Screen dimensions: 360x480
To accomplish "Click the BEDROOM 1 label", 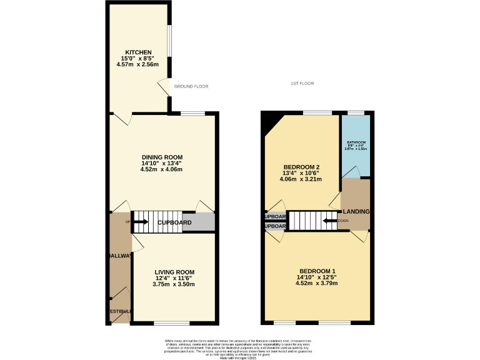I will click(x=317, y=271).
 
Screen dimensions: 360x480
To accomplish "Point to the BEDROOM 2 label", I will click(x=301, y=167).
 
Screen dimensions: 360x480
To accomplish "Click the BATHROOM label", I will click(x=356, y=142).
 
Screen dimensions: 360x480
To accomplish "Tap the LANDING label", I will click(x=356, y=212).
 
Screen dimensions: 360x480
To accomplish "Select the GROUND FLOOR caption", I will click(x=191, y=86).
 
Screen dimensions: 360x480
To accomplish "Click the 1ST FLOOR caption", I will click(x=302, y=83).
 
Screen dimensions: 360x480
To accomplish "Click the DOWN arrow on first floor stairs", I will click(x=329, y=220).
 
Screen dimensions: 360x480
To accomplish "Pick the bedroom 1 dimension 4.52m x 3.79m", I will click(x=317, y=283).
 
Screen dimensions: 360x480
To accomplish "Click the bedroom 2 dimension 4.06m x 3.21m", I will click(x=301, y=179).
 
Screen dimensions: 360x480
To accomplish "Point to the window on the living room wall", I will click(x=171, y=323).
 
